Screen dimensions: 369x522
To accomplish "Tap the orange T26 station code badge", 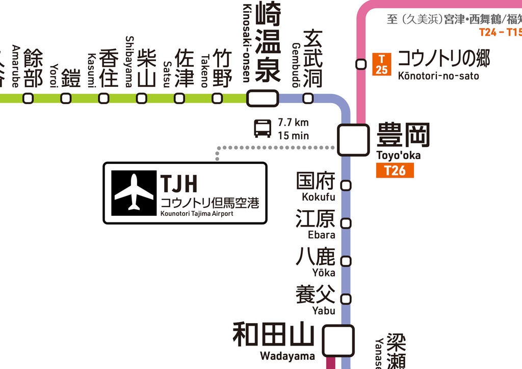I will [x=395, y=170].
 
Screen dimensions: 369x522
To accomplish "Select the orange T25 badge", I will [x=381, y=64].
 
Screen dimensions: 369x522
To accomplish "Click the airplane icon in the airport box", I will [x=134, y=192].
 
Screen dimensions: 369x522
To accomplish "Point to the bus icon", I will [x=263, y=129].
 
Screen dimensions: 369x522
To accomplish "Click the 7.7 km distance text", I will [x=293, y=122].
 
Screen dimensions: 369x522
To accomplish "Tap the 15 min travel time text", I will [x=293, y=136].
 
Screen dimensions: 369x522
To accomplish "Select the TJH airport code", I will [x=178, y=183].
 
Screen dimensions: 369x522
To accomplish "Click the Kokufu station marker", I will [x=346, y=185].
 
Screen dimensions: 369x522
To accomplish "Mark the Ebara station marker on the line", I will [x=346, y=223].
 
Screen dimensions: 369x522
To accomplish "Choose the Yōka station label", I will [x=324, y=273].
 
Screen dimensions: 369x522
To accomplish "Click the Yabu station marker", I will [x=346, y=299].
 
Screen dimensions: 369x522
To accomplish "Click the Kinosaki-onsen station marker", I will [x=263, y=98].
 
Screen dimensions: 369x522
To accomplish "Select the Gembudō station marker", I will [x=308, y=98].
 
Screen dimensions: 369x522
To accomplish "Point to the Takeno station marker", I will [x=217, y=98].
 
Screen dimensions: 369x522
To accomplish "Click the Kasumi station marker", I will [x=103, y=98].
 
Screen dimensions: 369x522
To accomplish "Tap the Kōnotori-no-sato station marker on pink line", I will [x=361, y=64].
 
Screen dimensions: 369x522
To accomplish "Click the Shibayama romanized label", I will [x=129, y=61].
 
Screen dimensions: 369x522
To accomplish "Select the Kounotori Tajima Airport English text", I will [x=196, y=214].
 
